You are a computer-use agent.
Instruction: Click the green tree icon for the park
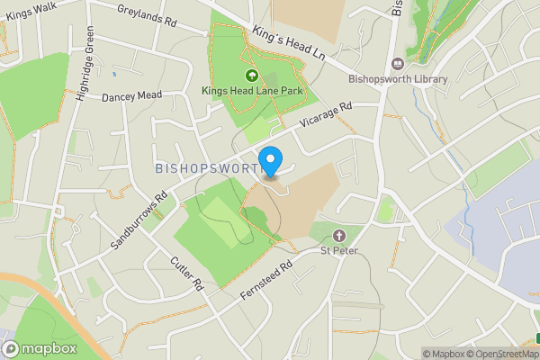[x=251, y=76]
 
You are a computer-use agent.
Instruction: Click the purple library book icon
[x=398, y=63]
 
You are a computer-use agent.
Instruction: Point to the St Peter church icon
[x=339, y=235]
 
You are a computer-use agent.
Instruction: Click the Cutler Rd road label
[x=187, y=273]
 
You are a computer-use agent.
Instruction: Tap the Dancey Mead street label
[x=131, y=96]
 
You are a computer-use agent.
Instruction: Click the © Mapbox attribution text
[x=444, y=354]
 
